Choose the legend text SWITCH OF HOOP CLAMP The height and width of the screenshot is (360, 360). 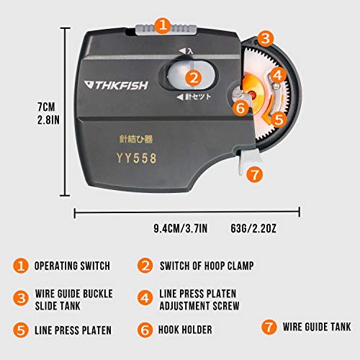point(206,265)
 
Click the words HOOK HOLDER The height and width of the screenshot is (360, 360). point(190,331)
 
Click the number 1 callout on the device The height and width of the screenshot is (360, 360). point(163,26)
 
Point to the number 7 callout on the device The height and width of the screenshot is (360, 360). point(253,174)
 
